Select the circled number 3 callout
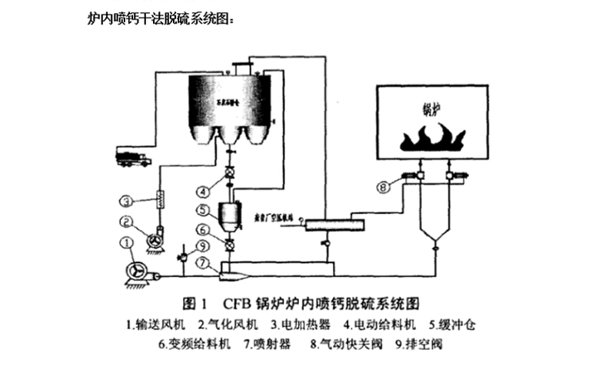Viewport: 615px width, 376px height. click(x=127, y=201)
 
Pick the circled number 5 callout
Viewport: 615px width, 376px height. click(x=201, y=209)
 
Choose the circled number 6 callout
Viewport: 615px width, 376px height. click(x=201, y=229)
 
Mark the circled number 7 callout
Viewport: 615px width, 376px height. click(x=201, y=262)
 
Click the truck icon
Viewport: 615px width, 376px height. click(x=132, y=159)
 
